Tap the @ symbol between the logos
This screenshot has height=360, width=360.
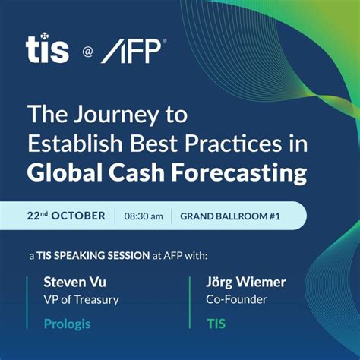[x=87, y=53]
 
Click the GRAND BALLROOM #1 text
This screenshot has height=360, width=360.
[x=229, y=216]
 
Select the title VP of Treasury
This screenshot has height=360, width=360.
[x=81, y=299]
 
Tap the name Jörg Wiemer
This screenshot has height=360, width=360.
[x=246, y=282]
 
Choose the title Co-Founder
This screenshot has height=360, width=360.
[x=236, y=299]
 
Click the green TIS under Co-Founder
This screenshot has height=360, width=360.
[x=216, y=324]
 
